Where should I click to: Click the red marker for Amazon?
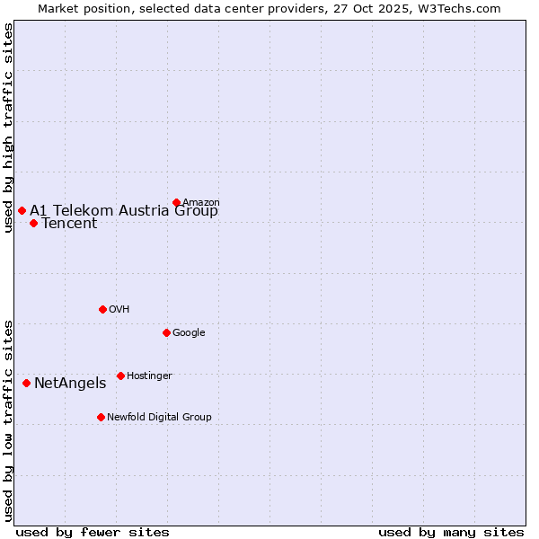176,202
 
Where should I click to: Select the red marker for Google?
166,332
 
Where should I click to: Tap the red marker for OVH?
102,309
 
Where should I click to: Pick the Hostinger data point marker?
120,376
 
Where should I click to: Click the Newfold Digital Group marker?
101,417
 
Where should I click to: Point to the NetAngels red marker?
26,383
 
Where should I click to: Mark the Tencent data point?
33,223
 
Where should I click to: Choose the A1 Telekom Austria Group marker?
22,210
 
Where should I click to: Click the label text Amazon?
201,203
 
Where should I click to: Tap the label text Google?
189,333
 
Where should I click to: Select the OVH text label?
119,310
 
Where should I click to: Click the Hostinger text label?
149,376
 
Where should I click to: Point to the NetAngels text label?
70,384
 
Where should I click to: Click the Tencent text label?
69,224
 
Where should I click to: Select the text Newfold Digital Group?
159,418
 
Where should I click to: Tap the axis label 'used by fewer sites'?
93,532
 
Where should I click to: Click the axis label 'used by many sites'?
451,532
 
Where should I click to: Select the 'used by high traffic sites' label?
8,128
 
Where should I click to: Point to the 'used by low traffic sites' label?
8,420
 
